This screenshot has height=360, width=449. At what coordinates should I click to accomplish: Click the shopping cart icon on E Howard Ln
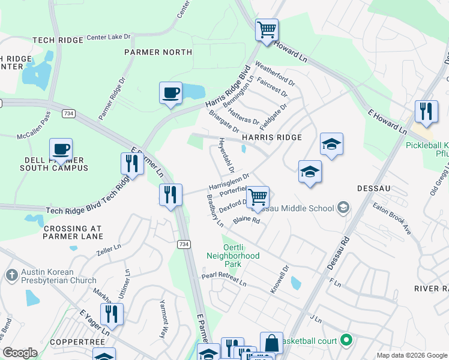click(267, 29)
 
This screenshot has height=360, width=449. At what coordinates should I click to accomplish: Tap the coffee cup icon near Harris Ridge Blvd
click(171, 93)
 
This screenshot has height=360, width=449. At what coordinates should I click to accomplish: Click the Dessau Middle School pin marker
click(343, 208)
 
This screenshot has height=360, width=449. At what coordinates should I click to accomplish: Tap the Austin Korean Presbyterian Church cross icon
click(11, 275)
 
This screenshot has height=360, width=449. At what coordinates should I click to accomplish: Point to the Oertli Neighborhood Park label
click(232, 256)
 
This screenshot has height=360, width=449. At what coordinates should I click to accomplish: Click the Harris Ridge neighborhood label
click(271, 137)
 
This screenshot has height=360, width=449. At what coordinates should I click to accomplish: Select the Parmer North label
click(158, 52)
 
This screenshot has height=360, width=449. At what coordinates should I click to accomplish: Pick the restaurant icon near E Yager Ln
click(112, 314)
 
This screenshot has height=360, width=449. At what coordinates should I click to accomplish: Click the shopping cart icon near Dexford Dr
click(258, 197)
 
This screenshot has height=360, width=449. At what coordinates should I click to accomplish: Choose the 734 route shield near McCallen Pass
click(69, 113)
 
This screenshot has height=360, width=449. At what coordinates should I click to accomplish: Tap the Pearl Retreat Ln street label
click(224, 279)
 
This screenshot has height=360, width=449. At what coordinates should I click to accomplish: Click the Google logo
click(20, 353)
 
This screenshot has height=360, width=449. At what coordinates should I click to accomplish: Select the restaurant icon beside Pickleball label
click(426, 112)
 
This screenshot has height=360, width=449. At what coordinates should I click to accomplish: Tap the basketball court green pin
click(346, 341)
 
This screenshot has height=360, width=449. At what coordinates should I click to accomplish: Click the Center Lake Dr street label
click(108, 37)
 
